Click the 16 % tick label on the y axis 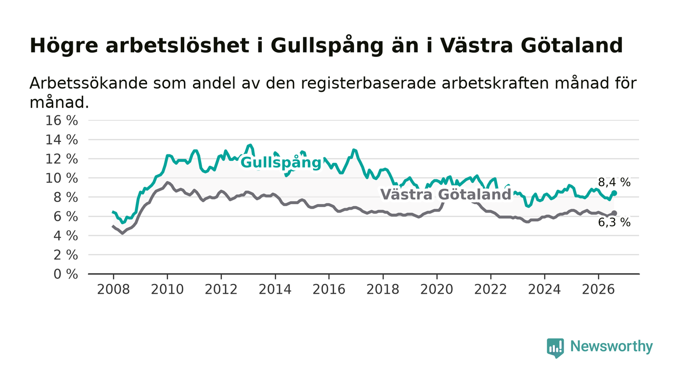pos(62,121)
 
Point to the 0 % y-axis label pos(65,274)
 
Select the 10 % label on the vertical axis pos(62,178)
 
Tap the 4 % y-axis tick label pos(65,236)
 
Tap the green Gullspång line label pos(281,163)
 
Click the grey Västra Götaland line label pos(446,194)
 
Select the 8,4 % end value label pos(614,182)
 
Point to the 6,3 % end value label pos(614,222)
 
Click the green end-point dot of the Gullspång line pos(615,193)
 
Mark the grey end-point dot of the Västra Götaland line pos(615,213)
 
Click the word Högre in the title pos(64,46)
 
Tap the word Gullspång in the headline pos(327,46)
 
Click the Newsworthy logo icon pos(555,348)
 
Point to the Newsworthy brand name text pos(611,346)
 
